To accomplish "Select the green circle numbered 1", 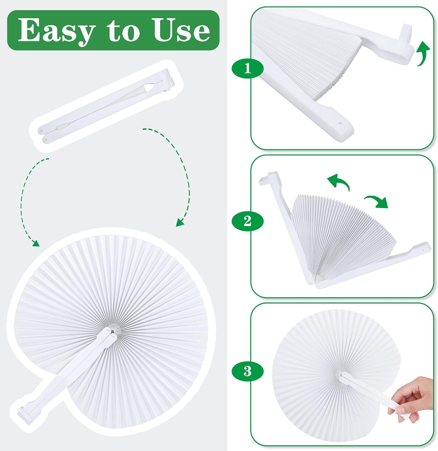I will (x=247, y=68).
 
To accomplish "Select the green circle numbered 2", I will (x=247, y=221).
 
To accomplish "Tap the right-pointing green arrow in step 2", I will (x=377, y=202).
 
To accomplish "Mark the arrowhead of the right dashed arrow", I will (x=180, y=222).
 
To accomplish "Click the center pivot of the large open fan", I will (x=112, y=331).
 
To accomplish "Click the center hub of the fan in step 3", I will (x=340, y=375).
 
